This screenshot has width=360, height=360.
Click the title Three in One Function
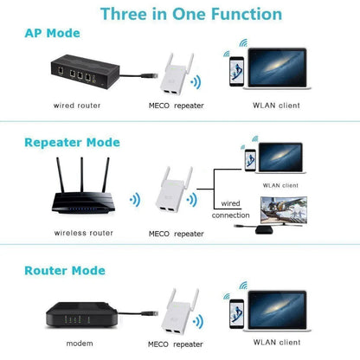[190, 14]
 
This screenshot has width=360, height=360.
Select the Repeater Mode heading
[73, 143]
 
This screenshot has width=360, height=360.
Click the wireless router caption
[83, 233]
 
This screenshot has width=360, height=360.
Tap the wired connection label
[232, 209]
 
